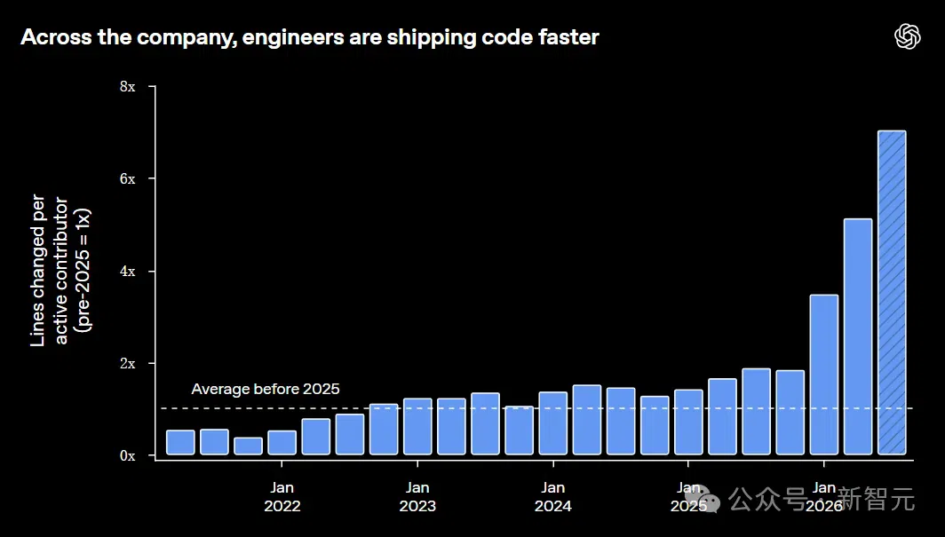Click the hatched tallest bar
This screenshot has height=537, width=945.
pos(892,293)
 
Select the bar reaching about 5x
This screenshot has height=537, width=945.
pos(858,336)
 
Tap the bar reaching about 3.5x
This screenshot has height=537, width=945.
pos(824,375)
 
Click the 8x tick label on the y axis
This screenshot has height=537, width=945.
pos(128,87)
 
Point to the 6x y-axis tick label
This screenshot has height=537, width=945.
pos(128,178)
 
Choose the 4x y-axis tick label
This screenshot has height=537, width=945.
pos(128,272)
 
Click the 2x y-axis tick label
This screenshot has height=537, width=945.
pos(128,364)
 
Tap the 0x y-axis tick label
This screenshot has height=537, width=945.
pos(128,456)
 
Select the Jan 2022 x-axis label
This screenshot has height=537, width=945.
pos(282,497)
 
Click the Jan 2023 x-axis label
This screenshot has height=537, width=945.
pos(417,497)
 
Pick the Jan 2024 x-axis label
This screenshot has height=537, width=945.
pos(553,497)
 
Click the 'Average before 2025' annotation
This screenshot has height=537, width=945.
pos(266,389)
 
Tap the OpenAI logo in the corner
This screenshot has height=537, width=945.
pos(908,36)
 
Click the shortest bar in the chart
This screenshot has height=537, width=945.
pos(249,446)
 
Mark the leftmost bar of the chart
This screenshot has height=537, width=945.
pos(181,443)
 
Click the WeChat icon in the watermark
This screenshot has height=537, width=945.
pos(703,499)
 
